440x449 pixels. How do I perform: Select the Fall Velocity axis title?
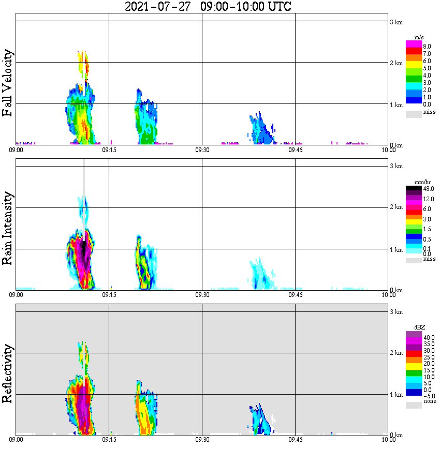click(x=7, y=83)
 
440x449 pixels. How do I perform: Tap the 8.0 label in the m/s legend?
click(x=427, y=47)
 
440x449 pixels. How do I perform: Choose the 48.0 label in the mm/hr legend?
click(x=428, y=189)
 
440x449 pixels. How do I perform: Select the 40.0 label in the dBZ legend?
click(x=428, y=337)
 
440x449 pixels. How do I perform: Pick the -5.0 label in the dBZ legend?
click(x=428, y=395)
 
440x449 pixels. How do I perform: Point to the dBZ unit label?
click(x=420, y=327)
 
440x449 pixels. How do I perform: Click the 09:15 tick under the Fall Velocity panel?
click(x=109, y=150)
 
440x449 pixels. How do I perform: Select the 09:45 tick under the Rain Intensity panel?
click(x=295, y=295)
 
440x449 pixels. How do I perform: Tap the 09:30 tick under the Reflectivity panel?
click(x=202, y=440)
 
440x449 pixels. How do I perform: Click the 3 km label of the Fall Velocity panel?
click(x=396, y=22)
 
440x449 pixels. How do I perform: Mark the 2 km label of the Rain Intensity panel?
click(x=396, y=207)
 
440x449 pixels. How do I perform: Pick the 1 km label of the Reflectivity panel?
click(x=396, y=395)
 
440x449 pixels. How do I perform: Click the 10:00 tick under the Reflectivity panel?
click(x=388, y=440)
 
